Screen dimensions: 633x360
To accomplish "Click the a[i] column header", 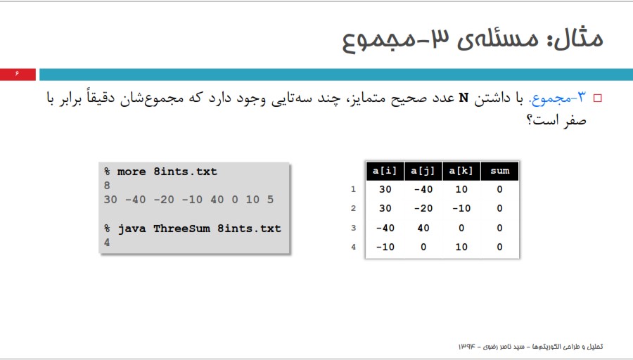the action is (x=384, y=171).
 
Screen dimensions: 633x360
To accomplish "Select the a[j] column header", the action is (x=423, y=171).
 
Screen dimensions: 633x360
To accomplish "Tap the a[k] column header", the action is (x=461, y=171).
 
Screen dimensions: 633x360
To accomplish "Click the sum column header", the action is (x=500, y=171).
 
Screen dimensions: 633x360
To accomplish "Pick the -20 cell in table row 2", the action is (x=423, y=208).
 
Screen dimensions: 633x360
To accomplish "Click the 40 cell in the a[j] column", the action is (x=423, y=228).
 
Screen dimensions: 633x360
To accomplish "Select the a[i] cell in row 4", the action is (x=385, y=247).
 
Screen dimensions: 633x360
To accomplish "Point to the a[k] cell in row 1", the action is (x=461, y=189).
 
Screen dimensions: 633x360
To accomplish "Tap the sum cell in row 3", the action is (x=500, y=228).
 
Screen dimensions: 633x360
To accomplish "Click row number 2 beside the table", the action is (x=353, y=208).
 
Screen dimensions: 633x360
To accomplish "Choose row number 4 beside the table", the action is (x=353, y=247).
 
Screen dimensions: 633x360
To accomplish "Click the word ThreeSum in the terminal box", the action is (x=181, y=229).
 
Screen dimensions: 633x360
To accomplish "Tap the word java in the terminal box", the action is (x=132, y=229).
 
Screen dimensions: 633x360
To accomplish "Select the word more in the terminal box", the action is (x=132, y=172).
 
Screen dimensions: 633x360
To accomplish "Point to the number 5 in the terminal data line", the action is (x=270, y=200).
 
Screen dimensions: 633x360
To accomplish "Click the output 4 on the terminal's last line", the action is (x=107, y=243).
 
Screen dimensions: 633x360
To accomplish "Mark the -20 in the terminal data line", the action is (x=164, y=200).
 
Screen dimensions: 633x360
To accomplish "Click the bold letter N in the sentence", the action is (x=464, y=98).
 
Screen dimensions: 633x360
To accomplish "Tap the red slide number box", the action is (x=18, y=75).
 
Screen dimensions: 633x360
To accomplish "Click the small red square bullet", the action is (x=597, y=98).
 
